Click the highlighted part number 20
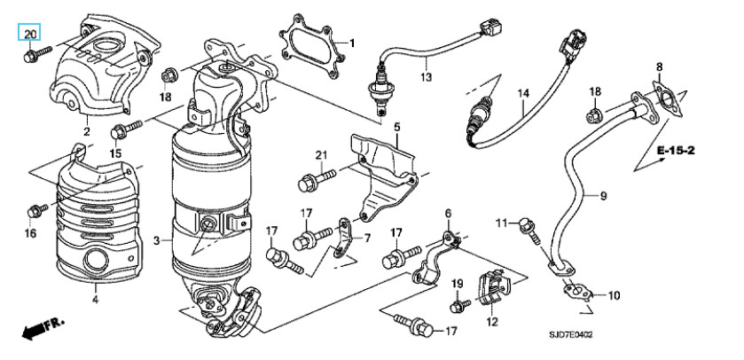[29, 34]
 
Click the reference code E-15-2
[676, 151]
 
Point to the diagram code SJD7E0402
[571, 335]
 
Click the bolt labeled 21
[317, 180]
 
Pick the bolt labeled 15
[126, 129]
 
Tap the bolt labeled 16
[37, 210]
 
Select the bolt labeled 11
[529, 231]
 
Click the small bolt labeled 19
[459, 306]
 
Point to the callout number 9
[603, 195]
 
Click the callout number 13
[426, 76]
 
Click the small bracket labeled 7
[342, 237]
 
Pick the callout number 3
[157, 241]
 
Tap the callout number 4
[95, 300]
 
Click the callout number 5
[396, 127]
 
